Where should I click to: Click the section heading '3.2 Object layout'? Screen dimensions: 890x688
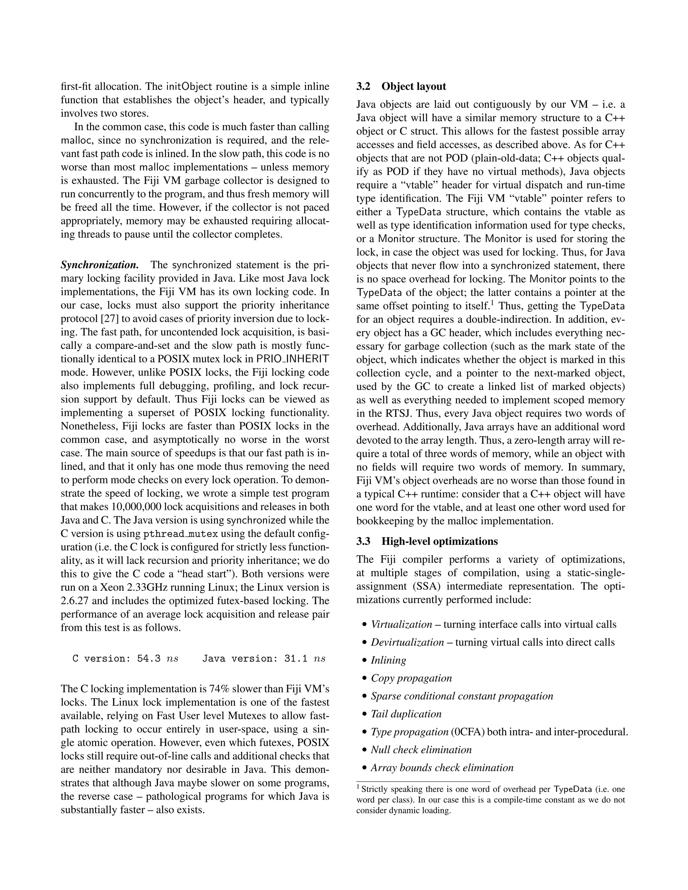point(401,86)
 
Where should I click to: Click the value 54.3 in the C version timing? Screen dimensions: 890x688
point(149,659)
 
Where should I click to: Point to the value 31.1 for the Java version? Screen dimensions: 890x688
point(296,659)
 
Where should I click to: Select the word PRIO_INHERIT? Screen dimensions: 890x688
point(292,359)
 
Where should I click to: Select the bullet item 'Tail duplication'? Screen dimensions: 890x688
point(406,714)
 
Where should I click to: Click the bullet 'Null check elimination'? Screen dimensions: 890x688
point(421,750)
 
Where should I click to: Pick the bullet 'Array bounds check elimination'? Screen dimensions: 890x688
point(442,768)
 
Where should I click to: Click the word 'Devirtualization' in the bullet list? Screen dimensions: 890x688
point(407,642)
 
